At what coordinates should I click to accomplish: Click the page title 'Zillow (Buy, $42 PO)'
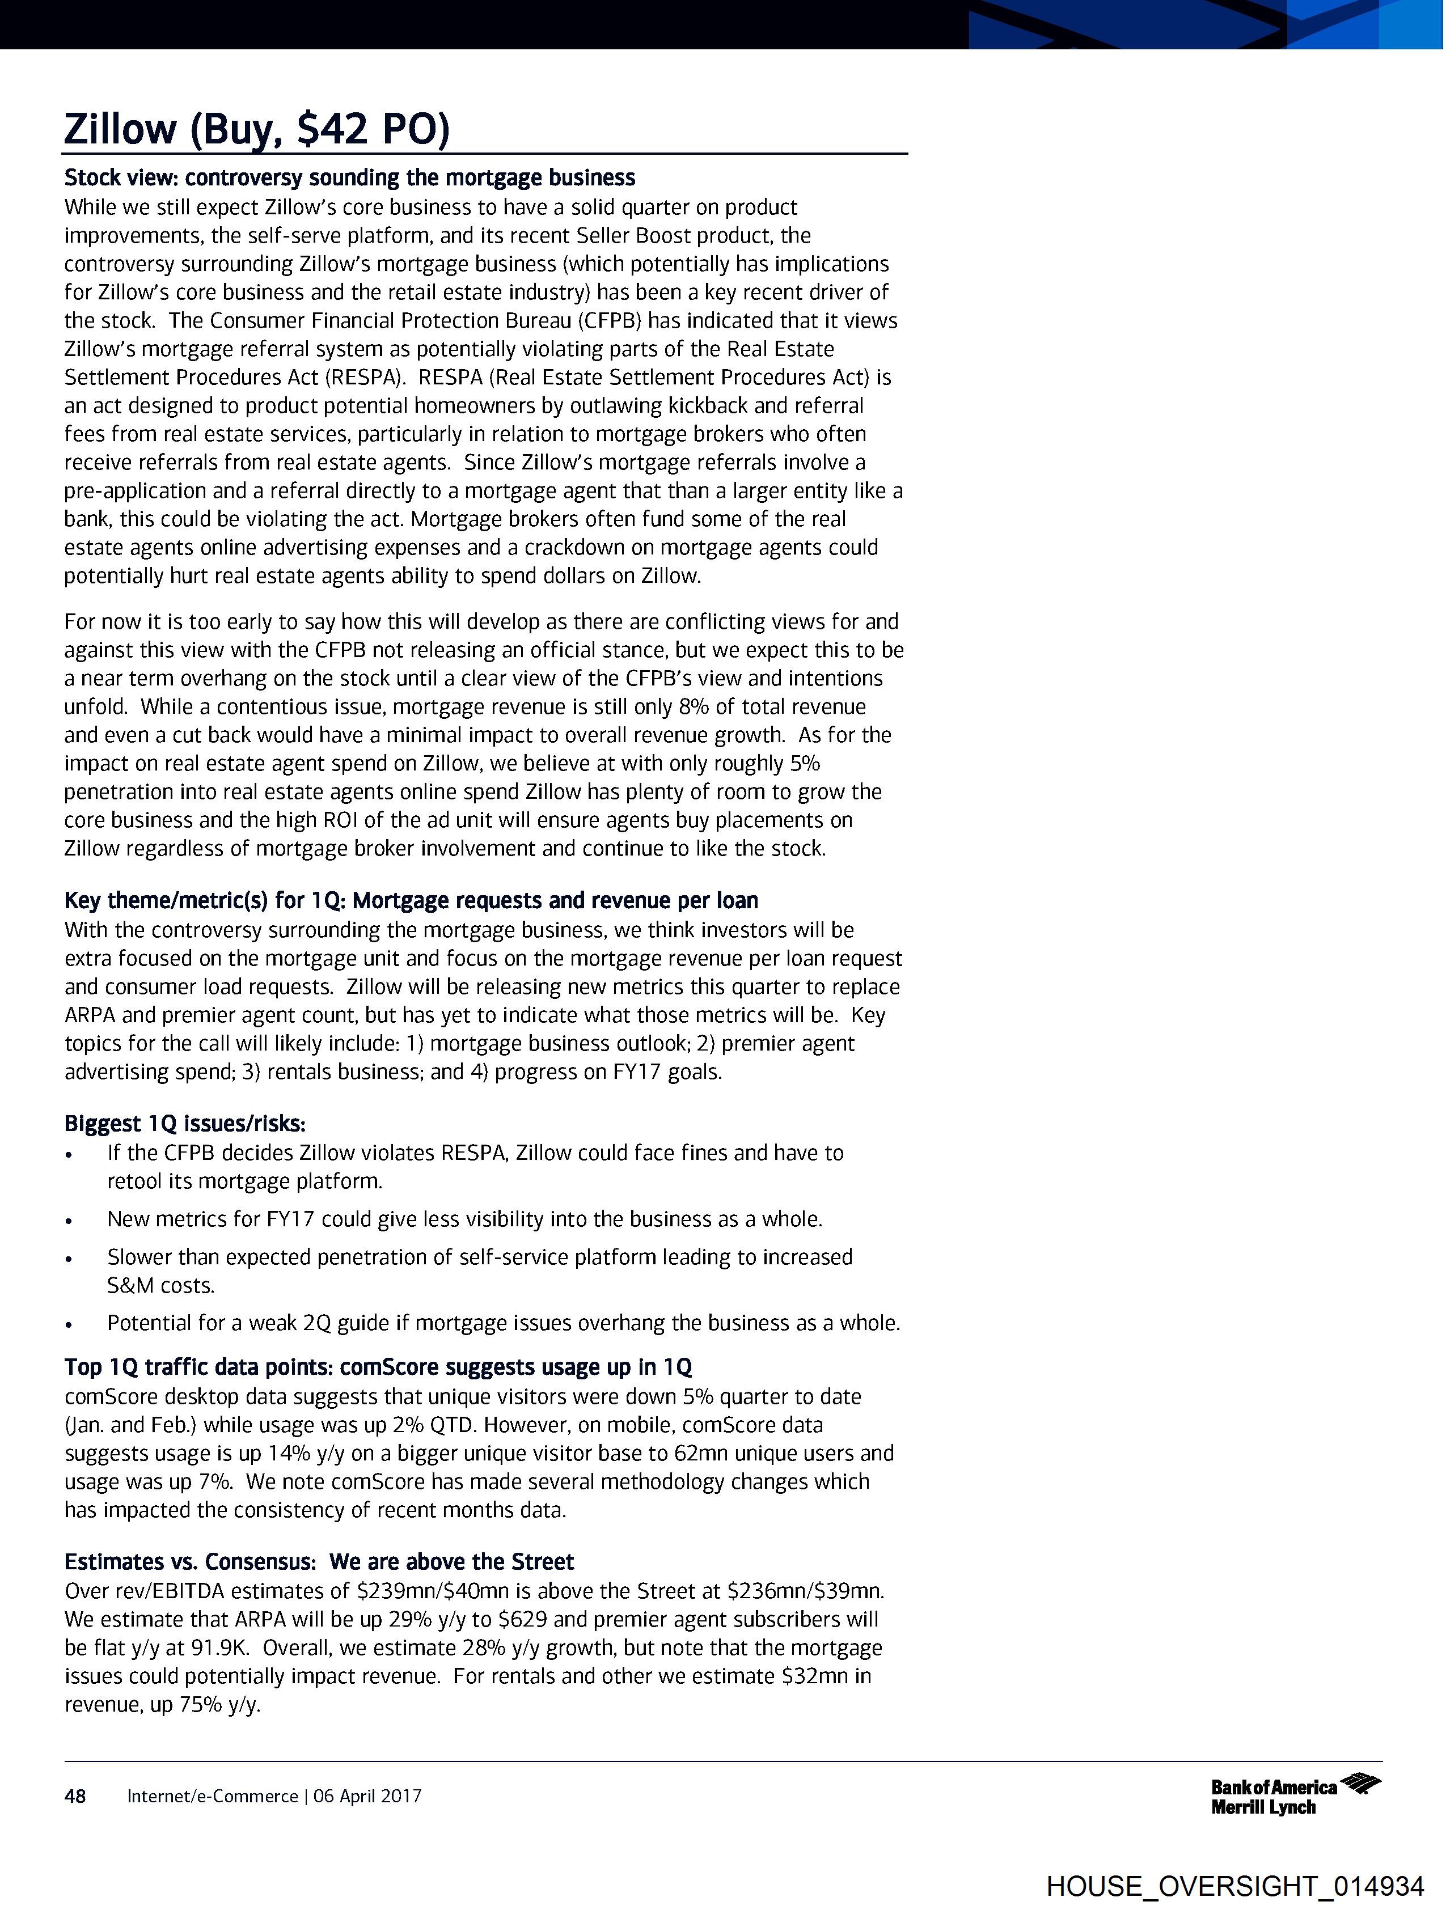tap(256, 129)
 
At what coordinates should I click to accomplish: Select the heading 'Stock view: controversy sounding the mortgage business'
tap(350, 178)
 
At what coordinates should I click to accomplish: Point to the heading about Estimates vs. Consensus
tap(319, 1561)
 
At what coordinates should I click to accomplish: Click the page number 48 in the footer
tap(75, 1796)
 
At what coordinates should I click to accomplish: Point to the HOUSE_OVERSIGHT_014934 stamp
tap(1235, 1886)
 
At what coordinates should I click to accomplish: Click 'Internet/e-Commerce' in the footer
tap(213, 1796)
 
